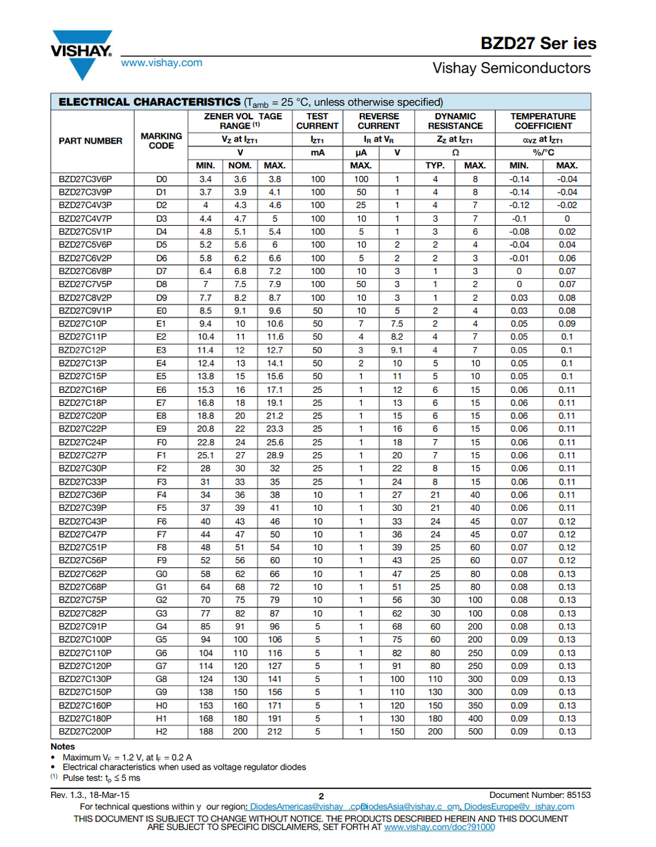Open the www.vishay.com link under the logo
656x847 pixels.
(x=162, y=63)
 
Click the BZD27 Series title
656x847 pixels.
(x=539, y=43)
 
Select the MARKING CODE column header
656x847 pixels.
(x=161, y=141)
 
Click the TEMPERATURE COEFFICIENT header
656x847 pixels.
(x=543, y=121)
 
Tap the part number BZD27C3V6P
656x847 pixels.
(x=85, y=179)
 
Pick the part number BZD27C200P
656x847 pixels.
(x=85, y=731)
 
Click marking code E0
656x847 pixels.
(x=162, y=310)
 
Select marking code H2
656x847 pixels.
(x=162, y=731)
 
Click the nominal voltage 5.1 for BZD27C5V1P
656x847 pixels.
(x=240, y=231)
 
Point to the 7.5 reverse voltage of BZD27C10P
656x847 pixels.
(x=397, y=323)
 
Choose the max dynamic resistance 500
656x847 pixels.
(x=475, y=731)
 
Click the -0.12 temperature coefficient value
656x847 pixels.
(x=519, y=205)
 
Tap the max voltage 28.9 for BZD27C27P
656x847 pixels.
(x=274, y=455)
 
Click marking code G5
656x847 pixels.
(x=162, y=639)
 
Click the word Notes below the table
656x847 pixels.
(x=63, y=747)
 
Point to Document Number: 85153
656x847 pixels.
(x=540, y=795)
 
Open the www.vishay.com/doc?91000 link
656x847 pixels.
(x=439, y=826)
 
